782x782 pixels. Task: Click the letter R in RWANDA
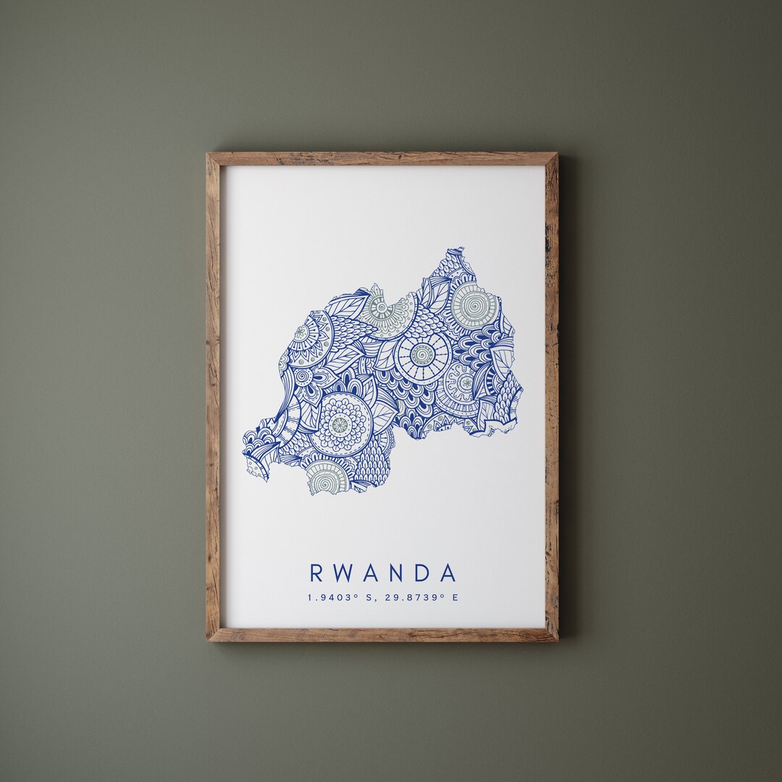pyautogui.click(x=316, y=573)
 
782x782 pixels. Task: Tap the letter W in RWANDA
pyautogui.click(x=345, y=573)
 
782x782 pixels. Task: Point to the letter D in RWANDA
pyautogui.click(x=423, y=573)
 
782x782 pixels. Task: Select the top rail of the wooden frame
pyautogui.click(x=382, y=159)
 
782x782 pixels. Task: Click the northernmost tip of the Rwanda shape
pyautogui.click(x=456, y=250)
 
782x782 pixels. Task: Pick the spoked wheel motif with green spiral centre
pyautogui.click(x=422, y=354)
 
